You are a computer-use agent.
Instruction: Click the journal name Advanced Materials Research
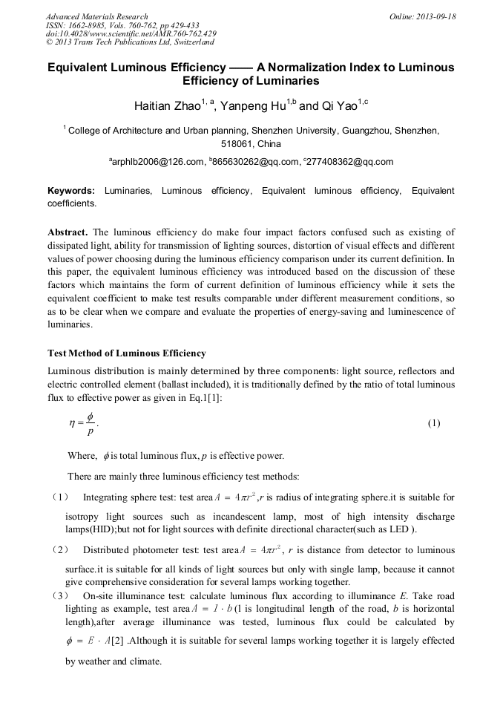[x=96, y=16]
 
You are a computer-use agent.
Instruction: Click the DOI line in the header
[x=131, y=33]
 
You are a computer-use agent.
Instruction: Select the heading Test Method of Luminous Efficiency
[x=126, y=353]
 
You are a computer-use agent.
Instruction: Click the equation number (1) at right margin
[x=434, y=423]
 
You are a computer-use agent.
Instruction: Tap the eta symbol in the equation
[x=73, y=423]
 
